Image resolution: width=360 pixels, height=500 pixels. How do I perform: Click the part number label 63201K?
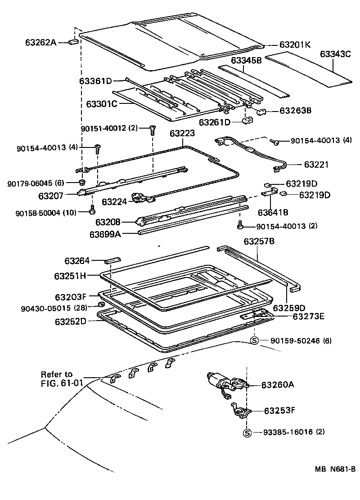point(295,45)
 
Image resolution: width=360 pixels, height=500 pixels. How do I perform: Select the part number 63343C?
point(335,54)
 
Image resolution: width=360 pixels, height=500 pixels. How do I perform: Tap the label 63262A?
point(41,43)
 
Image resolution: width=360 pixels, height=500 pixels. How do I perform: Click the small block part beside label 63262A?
point(73,42)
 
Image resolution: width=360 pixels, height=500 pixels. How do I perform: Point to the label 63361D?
point(95,81)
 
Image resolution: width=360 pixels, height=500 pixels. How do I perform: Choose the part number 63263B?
point(296,110)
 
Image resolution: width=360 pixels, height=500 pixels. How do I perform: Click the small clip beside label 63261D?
point(247,121)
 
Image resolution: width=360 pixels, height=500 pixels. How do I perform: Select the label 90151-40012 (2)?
point(110,129)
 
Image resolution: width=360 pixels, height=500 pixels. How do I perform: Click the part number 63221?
point(316,165)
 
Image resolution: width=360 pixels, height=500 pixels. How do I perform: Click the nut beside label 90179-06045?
point(82,182)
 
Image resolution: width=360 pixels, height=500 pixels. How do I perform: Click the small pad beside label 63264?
point(113,260)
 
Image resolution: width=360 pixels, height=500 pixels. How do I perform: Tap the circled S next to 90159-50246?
point(254,341)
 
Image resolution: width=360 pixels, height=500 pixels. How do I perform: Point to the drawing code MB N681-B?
point(335,469)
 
